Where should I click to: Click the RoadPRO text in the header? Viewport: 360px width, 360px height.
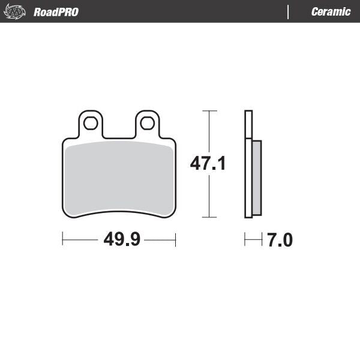pyautogui.click(x=56, y=12)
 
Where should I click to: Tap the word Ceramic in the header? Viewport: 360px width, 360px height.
pyautogui.click(x=331, y=12)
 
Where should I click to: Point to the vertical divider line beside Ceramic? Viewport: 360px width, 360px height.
pyautogui.click(x=289, y=12)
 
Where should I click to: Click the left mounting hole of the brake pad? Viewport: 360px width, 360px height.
pyautogui.click(x=91, y=124)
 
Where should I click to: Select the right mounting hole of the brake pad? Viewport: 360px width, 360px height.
pyautogui.click(x=147, y=124)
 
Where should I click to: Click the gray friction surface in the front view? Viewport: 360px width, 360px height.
pyautogui.click(x=119, y=177)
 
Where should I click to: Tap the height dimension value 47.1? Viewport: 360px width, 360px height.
pyautogui.click(x=208, y=163)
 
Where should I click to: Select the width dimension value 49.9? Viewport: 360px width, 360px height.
pyautogui.click(x=122, y=240)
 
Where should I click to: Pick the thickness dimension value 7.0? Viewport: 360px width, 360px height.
pyautogui.click(x=280, y=241)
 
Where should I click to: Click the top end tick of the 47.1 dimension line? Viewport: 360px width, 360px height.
pyautogui.click(x=208, y=111)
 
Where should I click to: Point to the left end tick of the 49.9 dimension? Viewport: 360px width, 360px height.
pyautogui.click(x=63, y=240)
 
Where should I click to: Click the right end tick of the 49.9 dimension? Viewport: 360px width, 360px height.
pyautogui.click(x=175, y=240)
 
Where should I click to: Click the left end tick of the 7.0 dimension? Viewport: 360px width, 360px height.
pyautogui.click(x=245, y=240)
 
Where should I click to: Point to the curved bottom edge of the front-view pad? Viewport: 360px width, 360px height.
pyautogui.click(x=119, y=211)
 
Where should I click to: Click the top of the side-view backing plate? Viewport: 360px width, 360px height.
pyautogui.click(x=248, y=112)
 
